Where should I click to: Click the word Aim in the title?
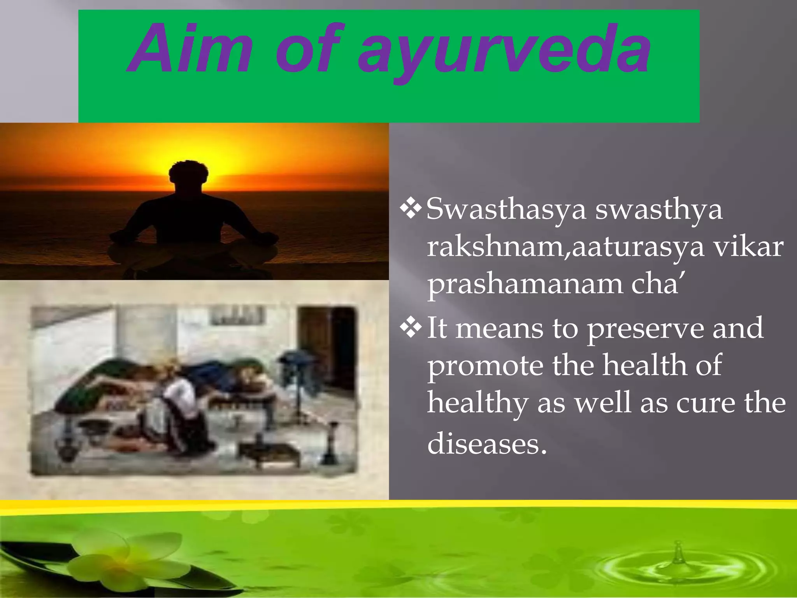coord(191,49)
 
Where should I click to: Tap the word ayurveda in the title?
coord(504,51)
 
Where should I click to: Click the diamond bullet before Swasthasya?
coord(411,208)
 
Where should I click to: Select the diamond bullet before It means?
coord(411,327)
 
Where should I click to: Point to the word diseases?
coord(486,444)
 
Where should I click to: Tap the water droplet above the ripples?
coord(678,553)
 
